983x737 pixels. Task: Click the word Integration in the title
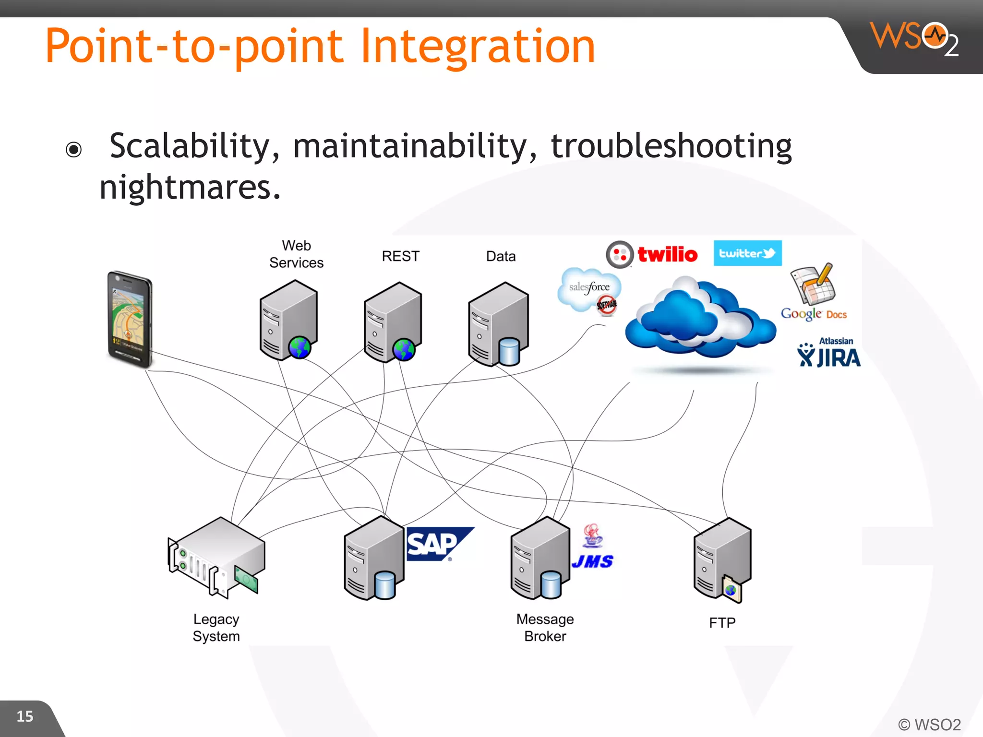[477, 47]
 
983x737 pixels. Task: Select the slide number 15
[25, 716]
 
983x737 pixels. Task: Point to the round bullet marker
[74, 150]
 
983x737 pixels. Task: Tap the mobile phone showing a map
[129, 319]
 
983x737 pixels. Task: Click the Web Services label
[296, 254]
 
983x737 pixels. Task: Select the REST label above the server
[400, 256]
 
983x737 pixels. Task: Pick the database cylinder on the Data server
[509, 351]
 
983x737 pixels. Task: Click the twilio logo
[653, 254]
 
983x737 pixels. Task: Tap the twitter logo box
[747, 253]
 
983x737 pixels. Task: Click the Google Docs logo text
[814, 314]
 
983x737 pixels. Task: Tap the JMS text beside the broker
[593, 561]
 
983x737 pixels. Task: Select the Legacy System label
[216, 628]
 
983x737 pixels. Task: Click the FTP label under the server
[722, 623]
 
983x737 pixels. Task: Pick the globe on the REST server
[404, 349]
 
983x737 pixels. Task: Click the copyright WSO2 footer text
[929, 725]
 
